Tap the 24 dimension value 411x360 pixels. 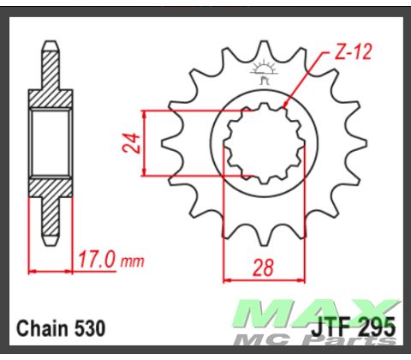pos(131,142)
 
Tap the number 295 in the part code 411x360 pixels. pos(378,328)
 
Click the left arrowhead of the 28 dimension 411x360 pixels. pos(228,279)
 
